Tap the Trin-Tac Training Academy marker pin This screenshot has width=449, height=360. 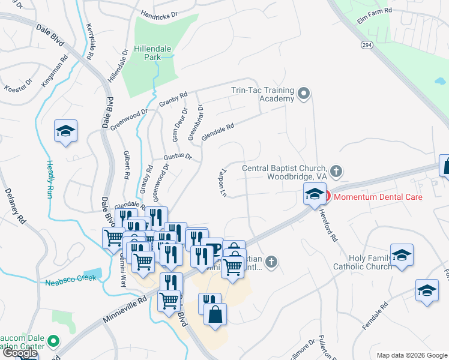click(x=304, y=94)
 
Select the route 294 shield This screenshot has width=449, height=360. click(x=367, y=44)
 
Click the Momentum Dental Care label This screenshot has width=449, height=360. click(x=378, y=197)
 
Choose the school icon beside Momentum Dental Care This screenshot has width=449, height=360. click(x=313, y=194)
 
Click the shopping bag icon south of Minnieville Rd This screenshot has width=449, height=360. click(x=215, y=313)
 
